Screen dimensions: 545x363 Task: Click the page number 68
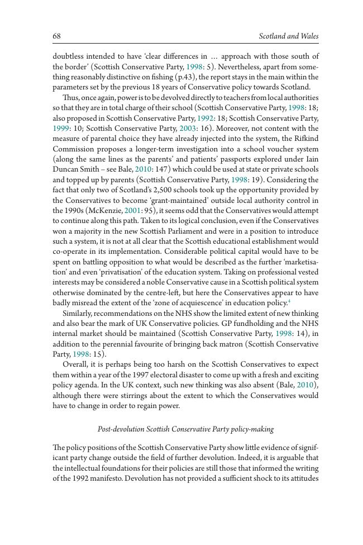click(56, 36)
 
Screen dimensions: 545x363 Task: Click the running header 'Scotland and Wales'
click(289, 36)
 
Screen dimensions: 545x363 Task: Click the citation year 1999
click(60, 129)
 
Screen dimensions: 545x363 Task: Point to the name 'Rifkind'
click(307, 139)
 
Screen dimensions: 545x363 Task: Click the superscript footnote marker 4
click(289, 301)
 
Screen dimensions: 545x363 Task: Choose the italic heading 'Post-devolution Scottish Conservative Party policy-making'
click(185, 429)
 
